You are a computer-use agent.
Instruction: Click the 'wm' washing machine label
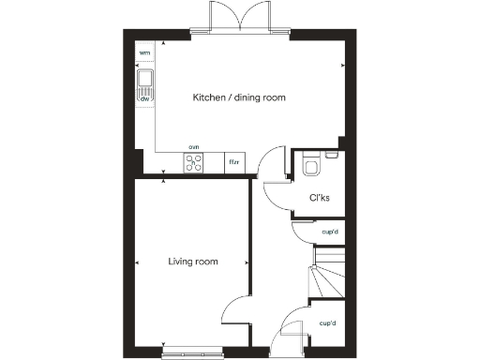[144, 53]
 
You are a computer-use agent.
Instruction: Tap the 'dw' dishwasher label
[145, 97]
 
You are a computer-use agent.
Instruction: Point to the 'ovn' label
[194, 147]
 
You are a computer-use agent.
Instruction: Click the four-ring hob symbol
[194, 163]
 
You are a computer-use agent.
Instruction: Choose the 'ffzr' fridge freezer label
[234, 163]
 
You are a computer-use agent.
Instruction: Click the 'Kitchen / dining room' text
[239, 97]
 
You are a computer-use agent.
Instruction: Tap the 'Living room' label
[193, 262]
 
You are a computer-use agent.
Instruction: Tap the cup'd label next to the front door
[327, 323]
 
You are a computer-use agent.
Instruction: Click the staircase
[325, 272]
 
